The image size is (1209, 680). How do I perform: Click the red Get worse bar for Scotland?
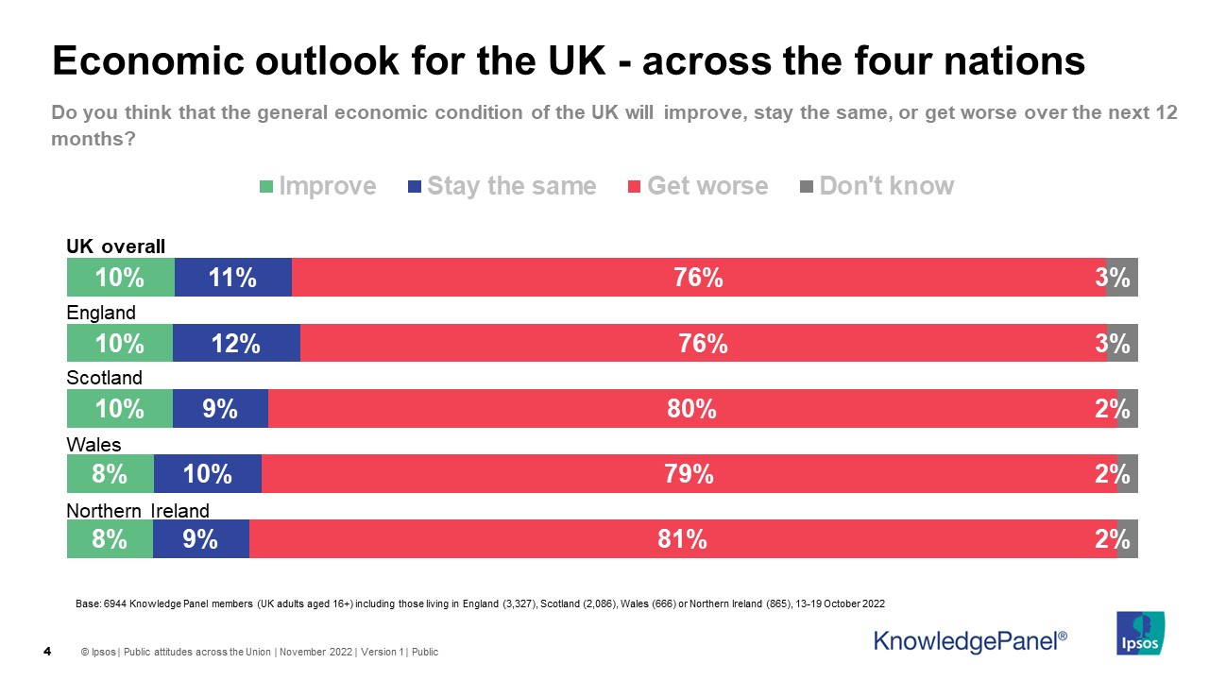point(692,408)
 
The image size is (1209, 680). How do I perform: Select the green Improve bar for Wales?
point(110,473)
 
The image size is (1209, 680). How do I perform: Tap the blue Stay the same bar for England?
point(236,343)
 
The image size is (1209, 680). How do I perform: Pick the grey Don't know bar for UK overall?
point(1122,278)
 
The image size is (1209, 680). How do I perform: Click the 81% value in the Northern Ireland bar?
point(683,539)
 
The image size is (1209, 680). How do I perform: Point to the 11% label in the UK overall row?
point(233,278)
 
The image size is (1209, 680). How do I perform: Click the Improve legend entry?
point(317,186)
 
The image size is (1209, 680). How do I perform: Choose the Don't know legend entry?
point(877,186)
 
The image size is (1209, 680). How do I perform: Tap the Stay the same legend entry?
point(502,186)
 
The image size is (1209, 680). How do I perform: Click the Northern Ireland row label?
point(137,511)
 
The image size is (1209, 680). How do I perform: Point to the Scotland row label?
point(104,378)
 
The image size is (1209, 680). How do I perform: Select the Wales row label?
point(94,444)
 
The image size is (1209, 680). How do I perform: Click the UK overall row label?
point(115,246)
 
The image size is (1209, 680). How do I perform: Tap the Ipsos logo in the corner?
point(1140,633)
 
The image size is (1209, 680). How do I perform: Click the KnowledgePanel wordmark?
point(970,641)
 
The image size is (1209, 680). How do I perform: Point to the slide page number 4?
point(47,652)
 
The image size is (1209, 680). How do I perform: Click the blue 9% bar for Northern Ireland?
point(200,539)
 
